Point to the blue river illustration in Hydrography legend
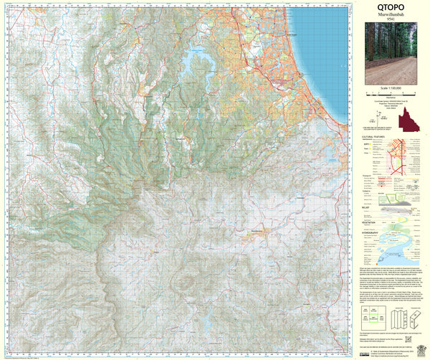point(401,251)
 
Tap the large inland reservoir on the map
point(196,63)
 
